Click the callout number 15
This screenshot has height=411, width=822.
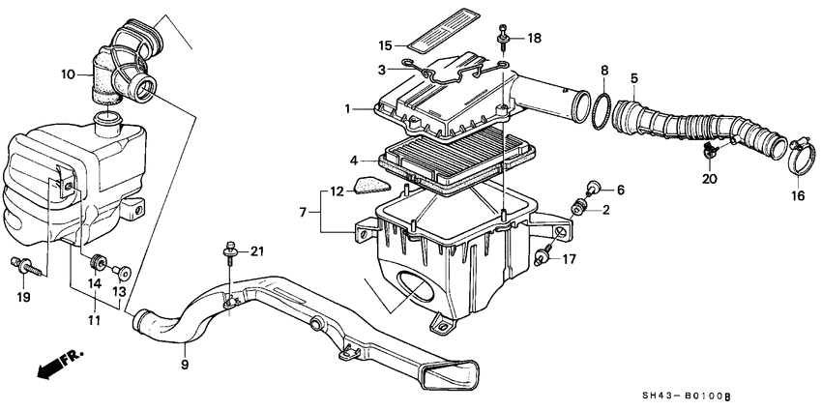[x=384, y=45]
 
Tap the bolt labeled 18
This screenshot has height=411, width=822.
[x=503, y=38]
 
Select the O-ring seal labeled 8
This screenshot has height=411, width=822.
[x=602, y=110]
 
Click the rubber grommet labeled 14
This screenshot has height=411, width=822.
[x=96, y=262]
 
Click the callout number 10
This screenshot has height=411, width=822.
[x=68, y=74]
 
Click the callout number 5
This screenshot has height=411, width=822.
[x=634, y=77]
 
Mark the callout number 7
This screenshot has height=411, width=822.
[x=303, y=210]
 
